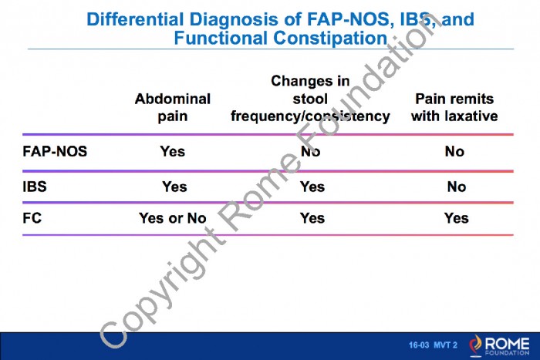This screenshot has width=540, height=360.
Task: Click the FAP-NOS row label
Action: tap(55, 151)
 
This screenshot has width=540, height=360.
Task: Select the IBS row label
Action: tap(35, 187)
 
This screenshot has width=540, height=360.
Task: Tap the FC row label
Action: tap(32, 218)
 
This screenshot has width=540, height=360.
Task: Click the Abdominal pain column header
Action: tap(173, 108)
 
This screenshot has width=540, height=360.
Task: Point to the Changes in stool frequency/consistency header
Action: tap(310, 99)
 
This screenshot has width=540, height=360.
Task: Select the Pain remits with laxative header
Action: tap(454, 108)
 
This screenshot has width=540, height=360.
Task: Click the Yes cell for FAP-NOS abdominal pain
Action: tap(173, 151)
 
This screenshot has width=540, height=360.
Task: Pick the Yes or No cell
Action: tap(173, 218)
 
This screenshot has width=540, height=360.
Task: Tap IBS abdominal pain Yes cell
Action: tap(174, 187)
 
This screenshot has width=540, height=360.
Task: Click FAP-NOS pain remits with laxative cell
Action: tap(454, 151)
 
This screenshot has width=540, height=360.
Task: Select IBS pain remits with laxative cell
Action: tap(457, 187)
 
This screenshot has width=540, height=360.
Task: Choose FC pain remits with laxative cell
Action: tap(457, 218)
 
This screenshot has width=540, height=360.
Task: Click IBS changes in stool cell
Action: tap(312, 187)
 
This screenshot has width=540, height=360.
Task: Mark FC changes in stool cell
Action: tap(312, 218)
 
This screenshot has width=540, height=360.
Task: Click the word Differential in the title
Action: tap(135, 19)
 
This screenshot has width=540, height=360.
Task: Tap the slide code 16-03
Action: tap(419, 345)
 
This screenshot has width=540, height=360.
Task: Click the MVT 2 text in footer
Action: tap(446, 345)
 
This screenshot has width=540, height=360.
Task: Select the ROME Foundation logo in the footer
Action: tap(499, 345)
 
